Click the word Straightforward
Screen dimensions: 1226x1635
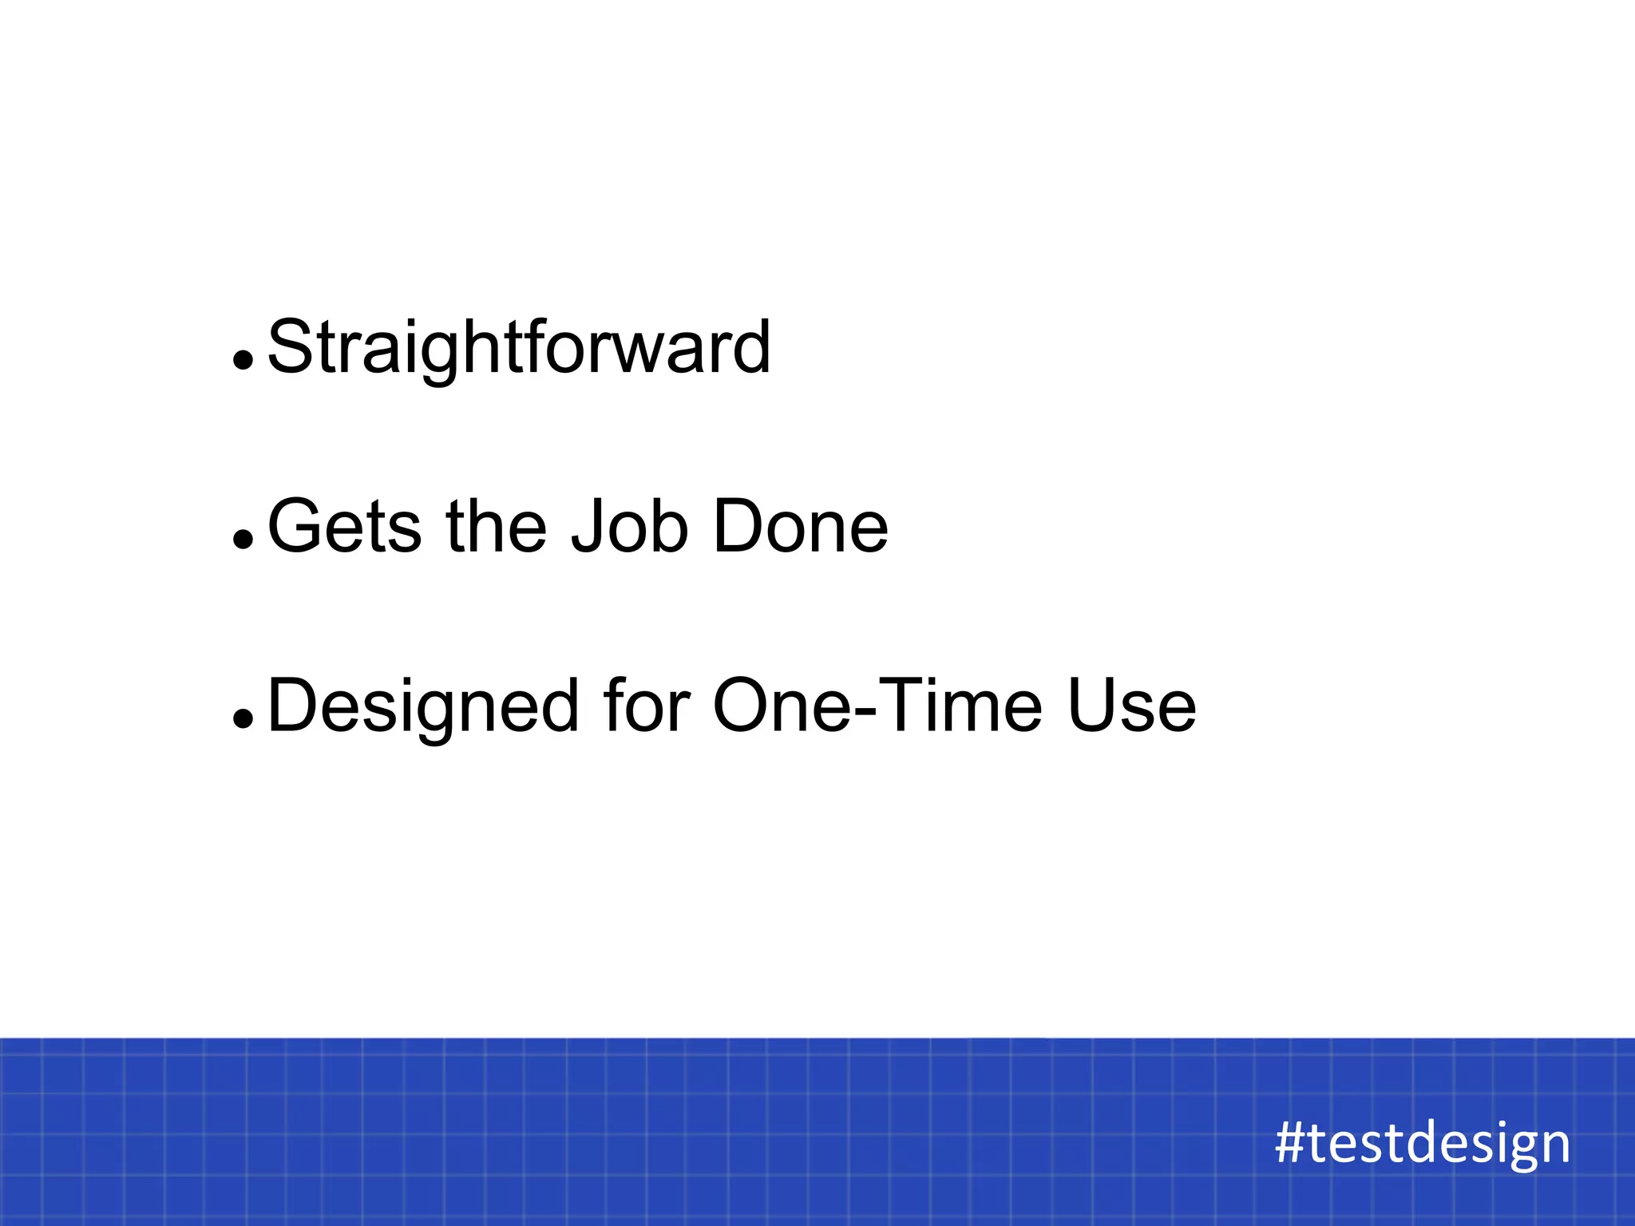[x=519, y=348]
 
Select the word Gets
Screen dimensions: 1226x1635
[x=344, y=527]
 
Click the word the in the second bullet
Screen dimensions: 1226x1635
[x=496, y=527]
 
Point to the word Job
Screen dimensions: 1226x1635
[x=629, y=527]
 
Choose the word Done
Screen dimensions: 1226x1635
[x=800, y=527]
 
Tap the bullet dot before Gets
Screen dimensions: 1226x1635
[x=243, y=540]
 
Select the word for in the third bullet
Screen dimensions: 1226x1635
[x=647, y=707]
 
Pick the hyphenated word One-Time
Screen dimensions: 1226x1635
[x=877, y=707]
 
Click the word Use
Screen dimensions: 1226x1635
[x=1131, y=707]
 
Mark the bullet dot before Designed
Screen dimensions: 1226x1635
[x=243, y=719]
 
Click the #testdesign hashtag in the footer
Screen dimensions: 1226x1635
[x=1423, y=1143]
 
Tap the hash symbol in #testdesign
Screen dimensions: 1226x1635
[x=1290, y=1143]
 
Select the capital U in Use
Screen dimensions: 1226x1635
[x=1093, y=706]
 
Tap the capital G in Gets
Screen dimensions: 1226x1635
[x=299, y=527]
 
